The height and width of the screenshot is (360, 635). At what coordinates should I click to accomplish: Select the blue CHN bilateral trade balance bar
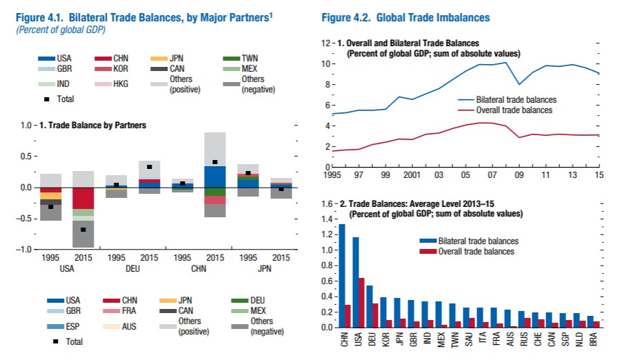[342, 276]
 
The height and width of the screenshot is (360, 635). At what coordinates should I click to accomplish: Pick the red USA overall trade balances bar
[362, 303]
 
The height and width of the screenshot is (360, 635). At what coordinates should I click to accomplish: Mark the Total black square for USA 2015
[83, 229]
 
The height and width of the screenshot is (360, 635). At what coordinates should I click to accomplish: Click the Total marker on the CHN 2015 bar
[215, 162]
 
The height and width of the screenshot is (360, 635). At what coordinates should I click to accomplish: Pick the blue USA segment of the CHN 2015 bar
[215, 177]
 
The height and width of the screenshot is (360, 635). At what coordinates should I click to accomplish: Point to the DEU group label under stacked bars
[134, 268]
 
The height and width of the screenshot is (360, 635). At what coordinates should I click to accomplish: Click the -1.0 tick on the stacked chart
[26, 249]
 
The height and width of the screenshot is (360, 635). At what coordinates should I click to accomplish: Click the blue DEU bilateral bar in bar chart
[370, 306]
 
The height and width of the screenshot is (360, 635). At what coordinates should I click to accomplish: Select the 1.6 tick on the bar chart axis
[325, 205]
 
